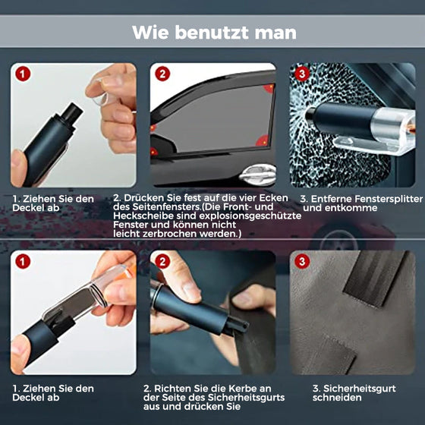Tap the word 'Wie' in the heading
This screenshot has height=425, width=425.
pyautogui.click(x=149, y=33)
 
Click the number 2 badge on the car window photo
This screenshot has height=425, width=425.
pyautogui.click(x=162, y=74)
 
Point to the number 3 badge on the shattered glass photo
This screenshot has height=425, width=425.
pyautogui.click(x=301, y=74)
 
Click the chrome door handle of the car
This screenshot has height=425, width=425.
pyautogui.click(x=257, y=175)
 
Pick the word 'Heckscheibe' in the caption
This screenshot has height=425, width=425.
pyautogui.click(x=140, y=216)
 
